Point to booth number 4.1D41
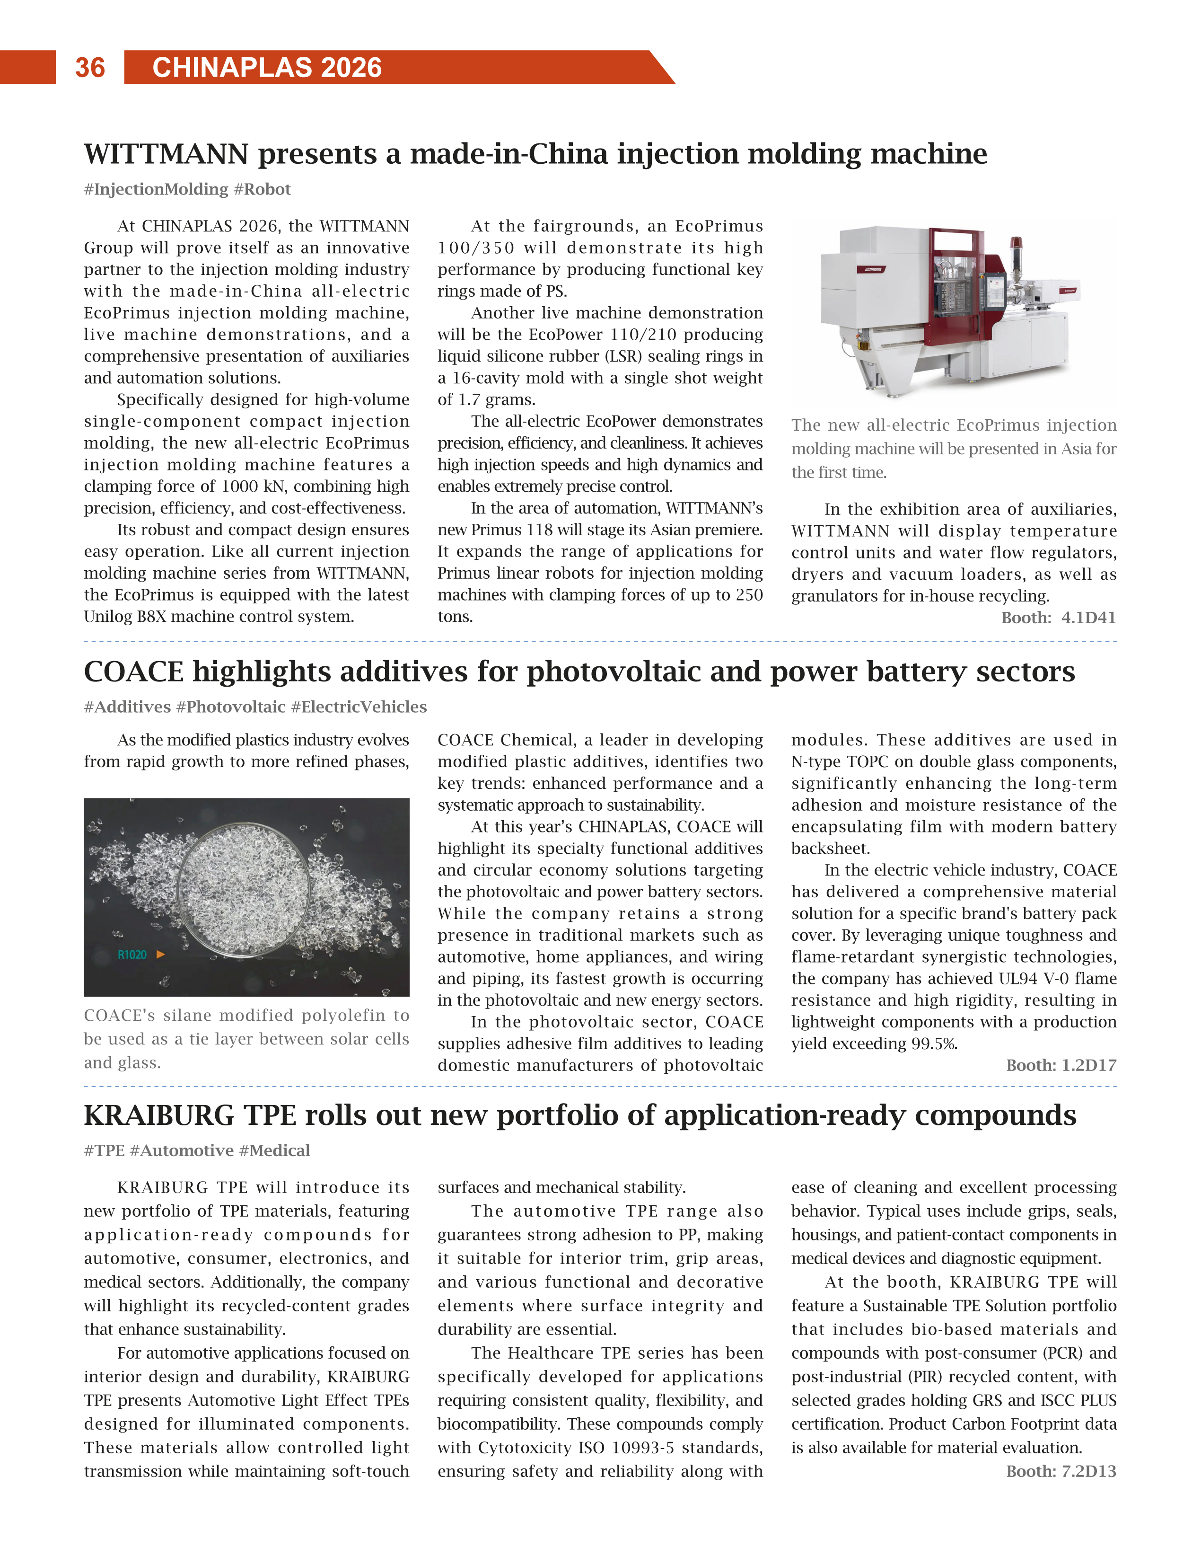click(1088, 617)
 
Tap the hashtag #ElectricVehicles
click(359, 707)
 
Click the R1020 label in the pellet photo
click(132, 955)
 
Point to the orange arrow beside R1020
click(161, 954)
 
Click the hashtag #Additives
click(127, 707)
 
